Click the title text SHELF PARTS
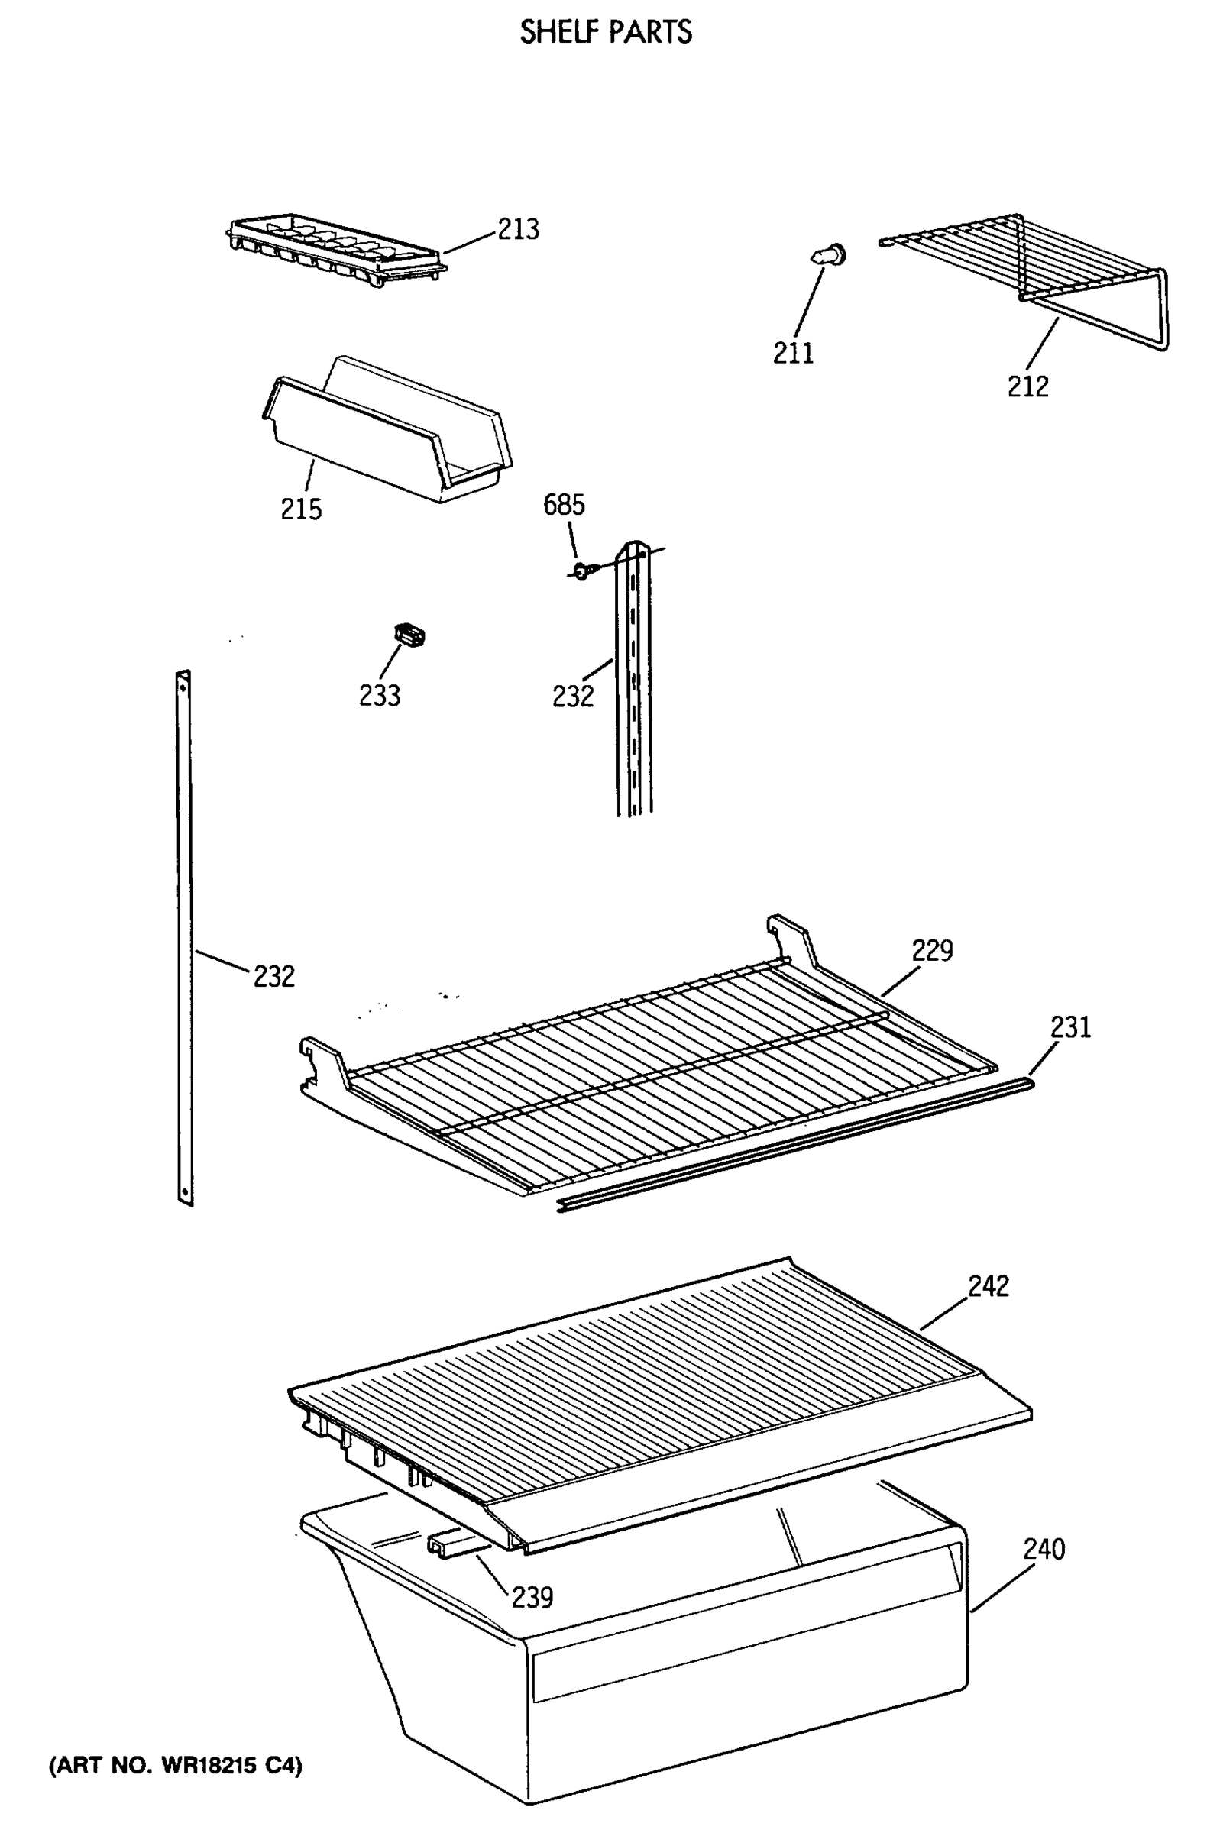[607, 32]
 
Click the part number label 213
[519, 230]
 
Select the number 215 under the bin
[301, 509]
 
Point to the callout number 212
[1028, 386]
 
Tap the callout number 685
[564, 505]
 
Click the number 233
[380, 696]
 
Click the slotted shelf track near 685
[633, 677]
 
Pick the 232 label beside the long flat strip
[274, 977]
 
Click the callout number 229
[933, 950]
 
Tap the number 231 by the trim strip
[1071, 1026]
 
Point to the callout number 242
[989, 1285]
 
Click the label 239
[532, 1598]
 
